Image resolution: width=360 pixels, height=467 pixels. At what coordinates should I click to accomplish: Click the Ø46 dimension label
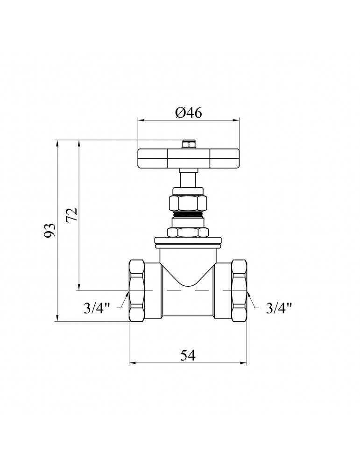[189, 113]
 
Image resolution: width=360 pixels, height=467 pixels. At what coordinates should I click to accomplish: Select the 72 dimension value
[72, 214]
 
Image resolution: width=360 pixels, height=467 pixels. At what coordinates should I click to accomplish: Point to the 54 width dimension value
[188, 355]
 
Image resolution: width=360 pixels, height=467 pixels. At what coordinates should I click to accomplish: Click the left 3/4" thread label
[97, 308]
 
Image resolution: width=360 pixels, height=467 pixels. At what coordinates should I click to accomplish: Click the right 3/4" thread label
[278, 308]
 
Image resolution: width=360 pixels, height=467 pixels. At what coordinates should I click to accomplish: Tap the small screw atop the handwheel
[188, 144]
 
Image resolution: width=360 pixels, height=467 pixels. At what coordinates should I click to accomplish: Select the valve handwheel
[189, 158]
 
